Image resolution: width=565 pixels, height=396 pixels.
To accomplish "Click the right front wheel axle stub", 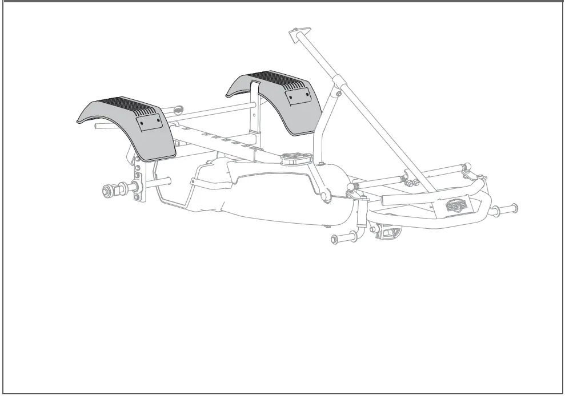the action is (507, 210).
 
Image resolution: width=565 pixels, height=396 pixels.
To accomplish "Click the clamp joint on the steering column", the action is (339, 90).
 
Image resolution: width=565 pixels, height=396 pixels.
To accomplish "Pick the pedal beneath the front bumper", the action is (390, 232).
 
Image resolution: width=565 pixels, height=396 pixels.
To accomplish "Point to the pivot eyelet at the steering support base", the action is (326, 196).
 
